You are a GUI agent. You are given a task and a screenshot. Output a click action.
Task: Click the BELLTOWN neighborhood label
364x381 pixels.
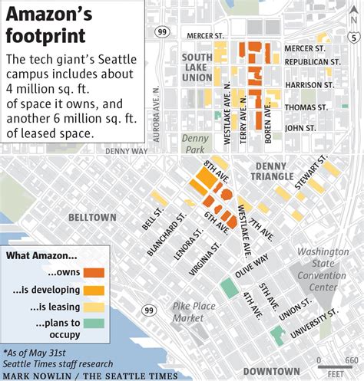tap(91, 218)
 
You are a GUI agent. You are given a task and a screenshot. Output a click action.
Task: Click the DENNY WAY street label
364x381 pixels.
tap(126, 151)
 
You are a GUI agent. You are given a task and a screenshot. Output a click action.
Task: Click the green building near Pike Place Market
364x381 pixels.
tap(228, 289)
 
